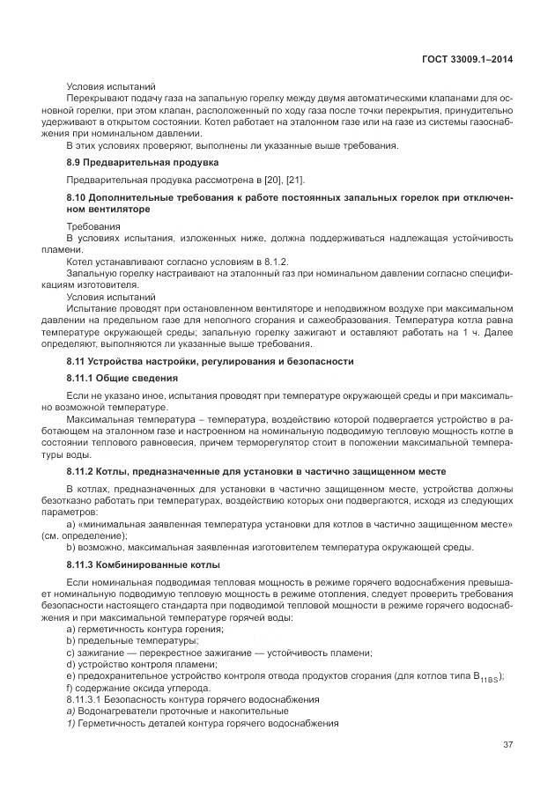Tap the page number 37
pos(507,744)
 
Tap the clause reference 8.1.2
pos(274,262)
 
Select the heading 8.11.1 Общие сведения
pos(122,378)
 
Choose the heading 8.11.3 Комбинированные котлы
pos(144,564)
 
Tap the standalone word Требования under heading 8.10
pos(91,226)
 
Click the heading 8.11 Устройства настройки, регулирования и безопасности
pos(210,361)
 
